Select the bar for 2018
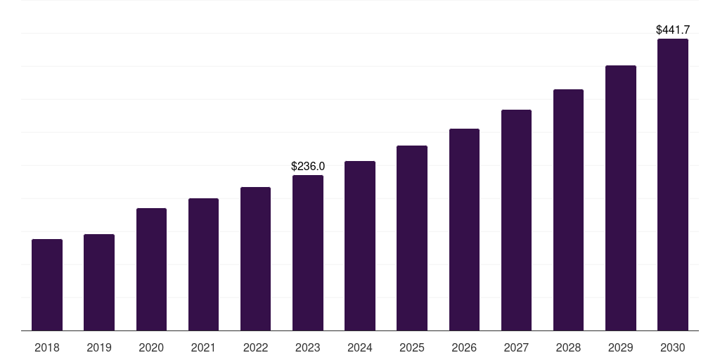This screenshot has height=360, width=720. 47,285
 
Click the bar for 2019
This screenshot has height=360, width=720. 99,283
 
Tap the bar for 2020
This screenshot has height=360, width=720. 152,269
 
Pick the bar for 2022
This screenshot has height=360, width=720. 255,259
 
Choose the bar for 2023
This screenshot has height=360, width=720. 308,253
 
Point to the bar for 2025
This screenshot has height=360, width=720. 412,238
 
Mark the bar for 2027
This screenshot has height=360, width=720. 516,220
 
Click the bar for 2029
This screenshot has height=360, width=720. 621,198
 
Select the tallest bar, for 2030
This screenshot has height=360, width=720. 673,185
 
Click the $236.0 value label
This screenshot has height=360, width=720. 308,166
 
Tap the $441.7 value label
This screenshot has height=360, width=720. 673,30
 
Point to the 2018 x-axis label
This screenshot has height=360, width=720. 47,347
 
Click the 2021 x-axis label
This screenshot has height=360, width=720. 203,347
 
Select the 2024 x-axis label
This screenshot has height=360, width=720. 359,347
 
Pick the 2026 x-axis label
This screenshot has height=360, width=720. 464,347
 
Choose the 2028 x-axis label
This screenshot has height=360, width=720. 568,347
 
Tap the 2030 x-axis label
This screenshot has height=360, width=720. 673,347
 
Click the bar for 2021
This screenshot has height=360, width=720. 203,264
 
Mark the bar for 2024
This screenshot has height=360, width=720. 360,246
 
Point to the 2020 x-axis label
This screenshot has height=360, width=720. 151,347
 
